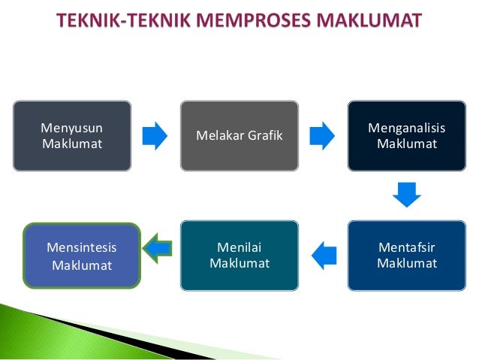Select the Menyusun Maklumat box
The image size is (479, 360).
coord(72,135)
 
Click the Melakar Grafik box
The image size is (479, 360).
coord(239,135)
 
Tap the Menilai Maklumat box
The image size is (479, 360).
coord(239,256)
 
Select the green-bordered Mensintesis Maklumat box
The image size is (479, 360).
coord(82,256)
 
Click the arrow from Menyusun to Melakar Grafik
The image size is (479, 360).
coord(155,135)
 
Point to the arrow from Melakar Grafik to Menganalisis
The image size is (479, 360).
coord(322,135)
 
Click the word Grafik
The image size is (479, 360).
coord(265,135)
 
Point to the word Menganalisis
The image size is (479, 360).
coord(406,128)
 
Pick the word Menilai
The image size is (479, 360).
coord(239,248)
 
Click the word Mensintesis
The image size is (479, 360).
coord(82,247)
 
